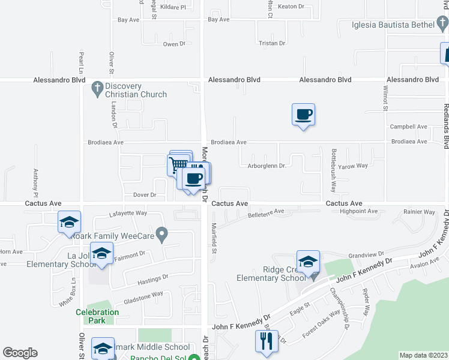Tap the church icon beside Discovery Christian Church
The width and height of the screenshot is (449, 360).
click(95, 90)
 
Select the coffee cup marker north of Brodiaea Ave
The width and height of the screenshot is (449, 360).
click(304, 115)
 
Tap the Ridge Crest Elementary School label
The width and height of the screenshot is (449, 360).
click(271, 274)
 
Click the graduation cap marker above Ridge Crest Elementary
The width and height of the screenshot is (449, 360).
click(308, 262)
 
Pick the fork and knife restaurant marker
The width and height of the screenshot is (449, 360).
click(267, 341)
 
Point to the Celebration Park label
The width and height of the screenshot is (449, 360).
click(97, 316)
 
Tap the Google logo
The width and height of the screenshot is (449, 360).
click(20, 353)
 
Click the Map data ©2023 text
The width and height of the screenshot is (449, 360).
click(423, 355)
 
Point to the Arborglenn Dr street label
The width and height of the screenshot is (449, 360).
click(265, 166)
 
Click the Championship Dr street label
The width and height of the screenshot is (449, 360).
click(340, 309)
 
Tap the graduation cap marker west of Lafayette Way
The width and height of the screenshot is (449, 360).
click(70, 223)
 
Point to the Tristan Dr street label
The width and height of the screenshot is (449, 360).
click(271, 43)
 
